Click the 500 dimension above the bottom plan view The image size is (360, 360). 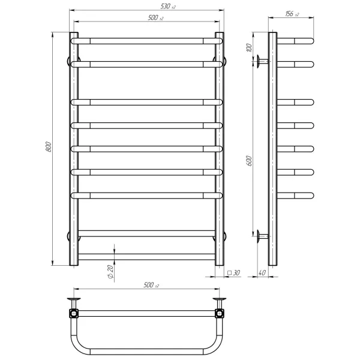(151, 285)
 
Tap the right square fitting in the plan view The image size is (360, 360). (220, 313)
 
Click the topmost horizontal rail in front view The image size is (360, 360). (147, 41)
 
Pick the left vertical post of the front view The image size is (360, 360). (74, 150)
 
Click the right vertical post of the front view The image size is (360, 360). (220, 150)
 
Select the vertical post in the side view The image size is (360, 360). (272, 150)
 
